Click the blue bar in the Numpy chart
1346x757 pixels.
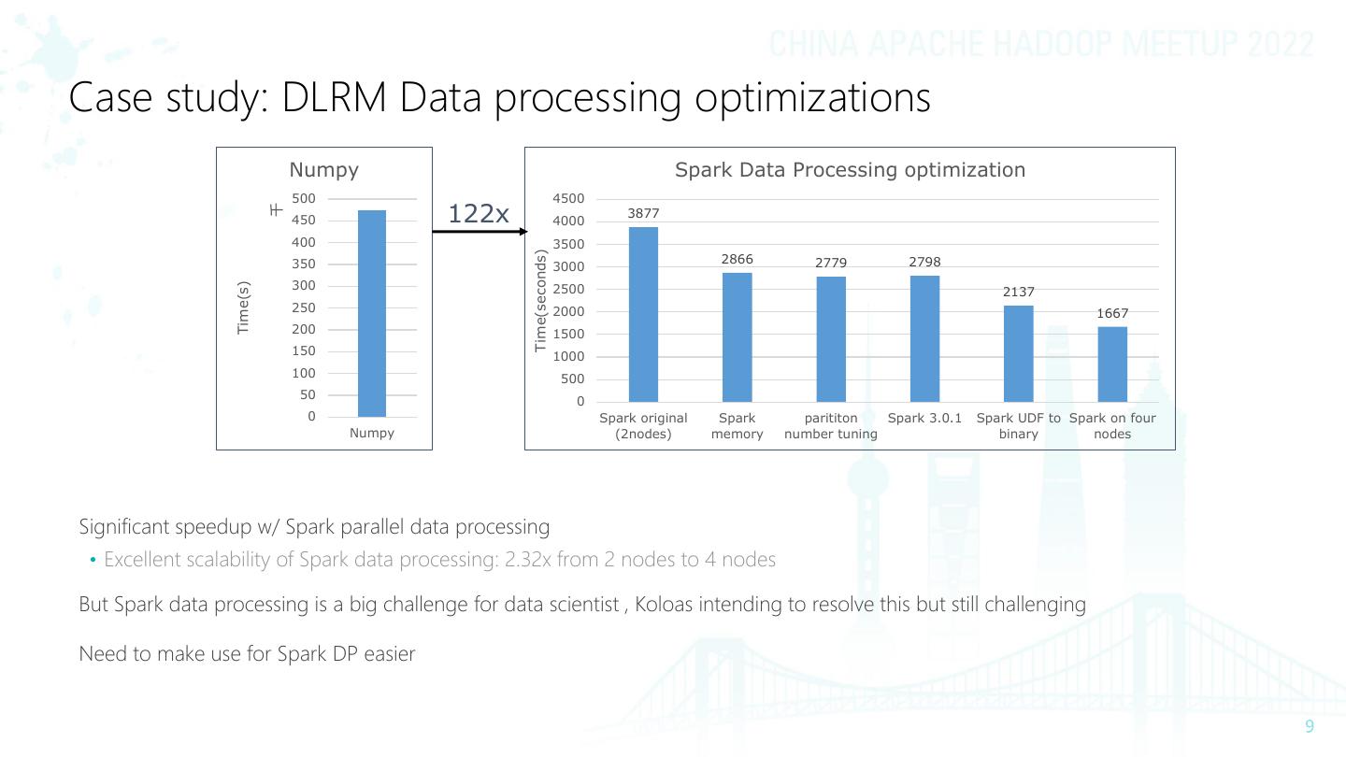pos(371,313)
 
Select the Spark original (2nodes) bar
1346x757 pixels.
pos(643,314)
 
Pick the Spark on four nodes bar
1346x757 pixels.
pos(1112,364)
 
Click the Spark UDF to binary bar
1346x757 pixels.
pos(1018,353)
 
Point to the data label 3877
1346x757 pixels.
pos(643,214)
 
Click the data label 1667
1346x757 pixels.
pos(1112,313)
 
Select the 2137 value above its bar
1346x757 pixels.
pos(1018,293)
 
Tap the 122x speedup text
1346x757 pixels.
pos(478,214)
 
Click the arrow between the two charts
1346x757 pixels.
pos(479,231)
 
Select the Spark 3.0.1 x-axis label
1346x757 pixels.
pos(924,418)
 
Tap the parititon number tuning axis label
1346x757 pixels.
pos(830,426)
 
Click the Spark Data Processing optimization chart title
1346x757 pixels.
pos(850,170)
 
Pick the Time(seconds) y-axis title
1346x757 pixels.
pos(540,301)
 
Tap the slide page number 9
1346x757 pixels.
pos(1309,727)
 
